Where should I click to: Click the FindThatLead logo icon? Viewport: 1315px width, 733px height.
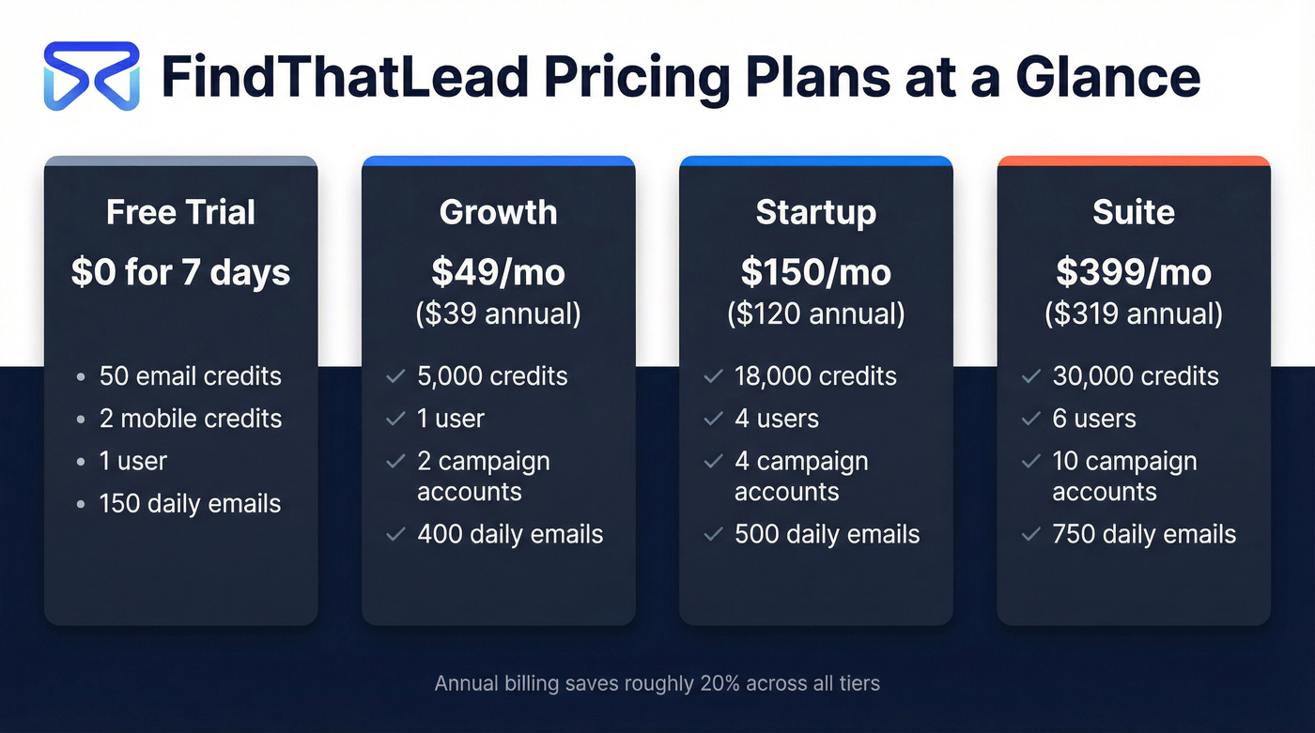pos(91,76)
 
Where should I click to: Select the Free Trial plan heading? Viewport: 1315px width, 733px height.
pos(180,212)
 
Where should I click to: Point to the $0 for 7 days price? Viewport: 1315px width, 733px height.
pos(180,272)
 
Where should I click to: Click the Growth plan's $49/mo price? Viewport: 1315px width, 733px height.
pos(498,272)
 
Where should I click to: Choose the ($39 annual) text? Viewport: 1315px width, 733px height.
pos(498,313)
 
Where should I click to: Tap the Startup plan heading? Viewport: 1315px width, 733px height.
pos(815,212)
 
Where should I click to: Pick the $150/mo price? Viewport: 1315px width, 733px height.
pos(815,272)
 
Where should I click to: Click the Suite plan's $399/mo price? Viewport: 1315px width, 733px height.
pos(1133,272)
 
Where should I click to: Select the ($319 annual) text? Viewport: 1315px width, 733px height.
pos(1133,313)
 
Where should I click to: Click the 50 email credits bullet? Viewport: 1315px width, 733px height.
pos(190,376)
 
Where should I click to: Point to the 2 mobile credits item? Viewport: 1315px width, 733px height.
pos(190,419)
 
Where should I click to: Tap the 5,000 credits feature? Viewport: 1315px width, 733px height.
pos(492,376)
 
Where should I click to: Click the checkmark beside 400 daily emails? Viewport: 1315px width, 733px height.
pos(395,535)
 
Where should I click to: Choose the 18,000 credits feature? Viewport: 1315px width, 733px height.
pos(815,376)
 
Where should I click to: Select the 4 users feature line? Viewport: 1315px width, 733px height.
pos(776,419)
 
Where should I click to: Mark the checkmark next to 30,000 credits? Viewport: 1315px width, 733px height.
pos(1030,376)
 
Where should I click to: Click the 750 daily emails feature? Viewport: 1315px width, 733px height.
pos(1143,535)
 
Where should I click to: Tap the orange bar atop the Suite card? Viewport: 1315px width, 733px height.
pos(1133,160)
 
